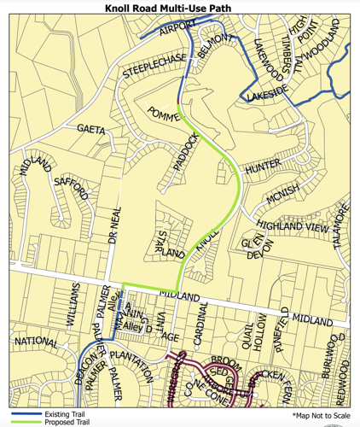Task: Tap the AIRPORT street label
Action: [177, 27]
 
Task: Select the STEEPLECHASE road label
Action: [154, 67]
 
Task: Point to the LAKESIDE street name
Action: [266, 98]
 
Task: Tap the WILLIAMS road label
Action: [75, 304]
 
